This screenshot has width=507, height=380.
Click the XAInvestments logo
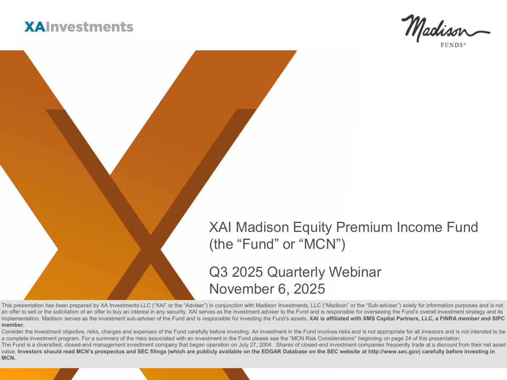click(x=79, y=27)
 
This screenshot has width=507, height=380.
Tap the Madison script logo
click(x=446, y=28)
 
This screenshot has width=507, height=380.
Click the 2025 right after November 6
click(x=309, y=289)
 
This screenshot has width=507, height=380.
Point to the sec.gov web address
click(x=394, y=352)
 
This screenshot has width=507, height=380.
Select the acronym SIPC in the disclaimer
click(x=498, y=319)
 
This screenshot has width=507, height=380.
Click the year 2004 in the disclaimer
click(x=265, y=345)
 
